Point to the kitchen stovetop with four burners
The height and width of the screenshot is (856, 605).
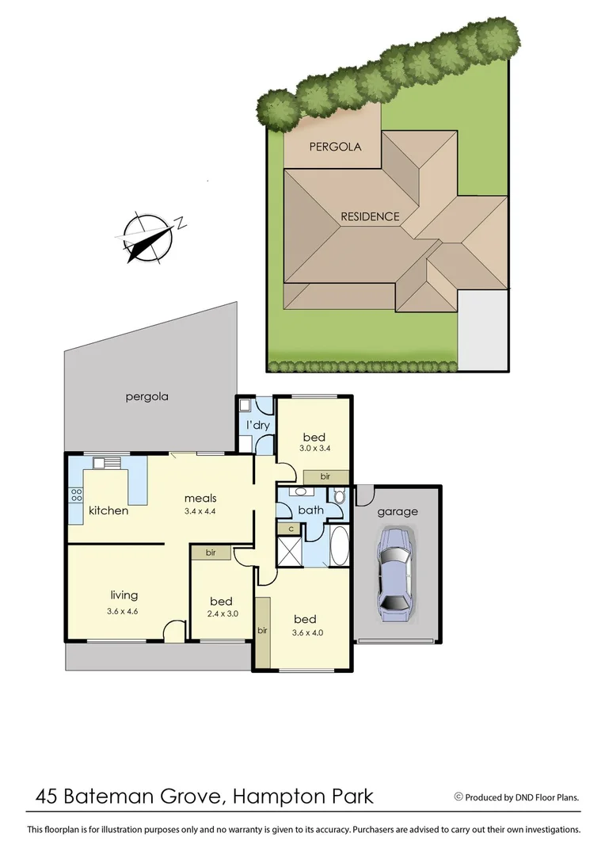(x=77, y=496)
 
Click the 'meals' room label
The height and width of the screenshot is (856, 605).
(x=200, y=498)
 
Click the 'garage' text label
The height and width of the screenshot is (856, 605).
(x=397, y=511)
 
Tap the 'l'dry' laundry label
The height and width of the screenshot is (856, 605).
(x=258, y=426)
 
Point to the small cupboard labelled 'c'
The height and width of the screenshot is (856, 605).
(x=291, y=529)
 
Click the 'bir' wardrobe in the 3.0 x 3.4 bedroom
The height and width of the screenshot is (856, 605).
(x=325, y=476)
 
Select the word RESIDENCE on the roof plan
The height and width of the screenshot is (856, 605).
(x=370, y=216)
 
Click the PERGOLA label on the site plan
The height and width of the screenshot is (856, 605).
(x=335, y=147)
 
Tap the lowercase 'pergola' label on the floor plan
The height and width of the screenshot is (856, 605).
(x=146, y=396)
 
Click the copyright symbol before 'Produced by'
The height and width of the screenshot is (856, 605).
(x=458, y=797)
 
